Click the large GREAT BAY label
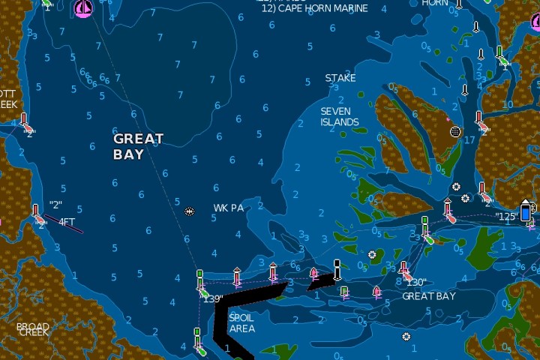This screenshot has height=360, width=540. pyautogui.click(x=138, y=146)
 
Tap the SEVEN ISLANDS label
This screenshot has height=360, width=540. pyautogui.click(x=340, y=116)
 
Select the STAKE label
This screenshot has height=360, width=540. pyautogui.click(x=340, y=78)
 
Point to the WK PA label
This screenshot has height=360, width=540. pyautogui.click(x=229, y=208)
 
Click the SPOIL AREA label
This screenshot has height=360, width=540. pyautogui.click(x=241, y=323)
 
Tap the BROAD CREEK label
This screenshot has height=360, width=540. pyautogui.click(x=33, y=329)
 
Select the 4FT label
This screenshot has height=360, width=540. pyautogui.click(x=67, y=222)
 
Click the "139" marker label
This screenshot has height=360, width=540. pyautogui.click(x=213, y=298)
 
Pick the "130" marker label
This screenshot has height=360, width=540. pyautogui.click(x=416, y=283)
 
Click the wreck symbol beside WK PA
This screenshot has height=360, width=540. pyautogui.click(x=190, y=211)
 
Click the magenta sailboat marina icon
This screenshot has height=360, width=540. pyautogui.click(x=84, y=8)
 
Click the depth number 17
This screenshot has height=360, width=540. pyautogui.click(x=469, y=139)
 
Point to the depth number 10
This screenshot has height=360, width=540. pyautogui.click(x=508, y=104)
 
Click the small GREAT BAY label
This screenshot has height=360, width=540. pyautogui.click(x=429, y=296)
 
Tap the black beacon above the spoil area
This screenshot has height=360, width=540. pyautogui.click(x=337, y=267)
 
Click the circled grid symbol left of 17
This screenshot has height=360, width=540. pyautogui.click(x=454, y=131)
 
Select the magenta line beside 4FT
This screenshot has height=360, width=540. pyautogui.click(x=64, y=224)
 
